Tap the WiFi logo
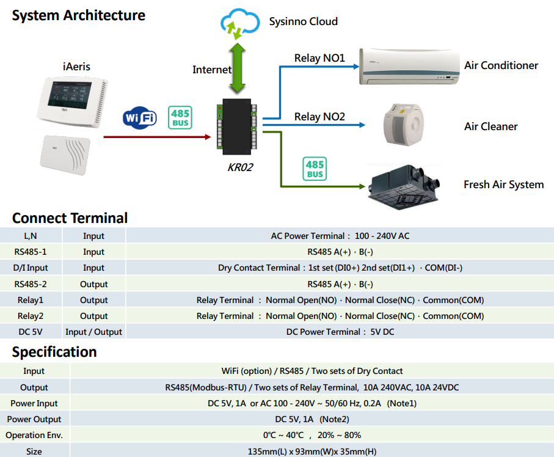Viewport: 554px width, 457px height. click(x=139, y=117)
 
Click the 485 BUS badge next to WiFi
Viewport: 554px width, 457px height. click(x=180, y=117)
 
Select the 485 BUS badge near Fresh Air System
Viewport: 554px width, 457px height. click(x=315, y=169)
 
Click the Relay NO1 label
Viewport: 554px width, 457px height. click(x=319, y=58)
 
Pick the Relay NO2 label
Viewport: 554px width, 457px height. click(x=319, y=116)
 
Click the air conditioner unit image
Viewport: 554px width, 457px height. click(x=408, y=67)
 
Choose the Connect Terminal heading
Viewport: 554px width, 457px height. click(x=70, y=218)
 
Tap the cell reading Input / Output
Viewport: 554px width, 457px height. click(x=93, y=332)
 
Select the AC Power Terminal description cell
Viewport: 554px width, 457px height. click(x=340, y=236)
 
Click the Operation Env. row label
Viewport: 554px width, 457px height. click(x=34, y=435)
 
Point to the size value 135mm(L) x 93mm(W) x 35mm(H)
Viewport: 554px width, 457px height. click(x=312, y=451)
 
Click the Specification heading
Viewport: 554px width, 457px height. click(x=54, y=352)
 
